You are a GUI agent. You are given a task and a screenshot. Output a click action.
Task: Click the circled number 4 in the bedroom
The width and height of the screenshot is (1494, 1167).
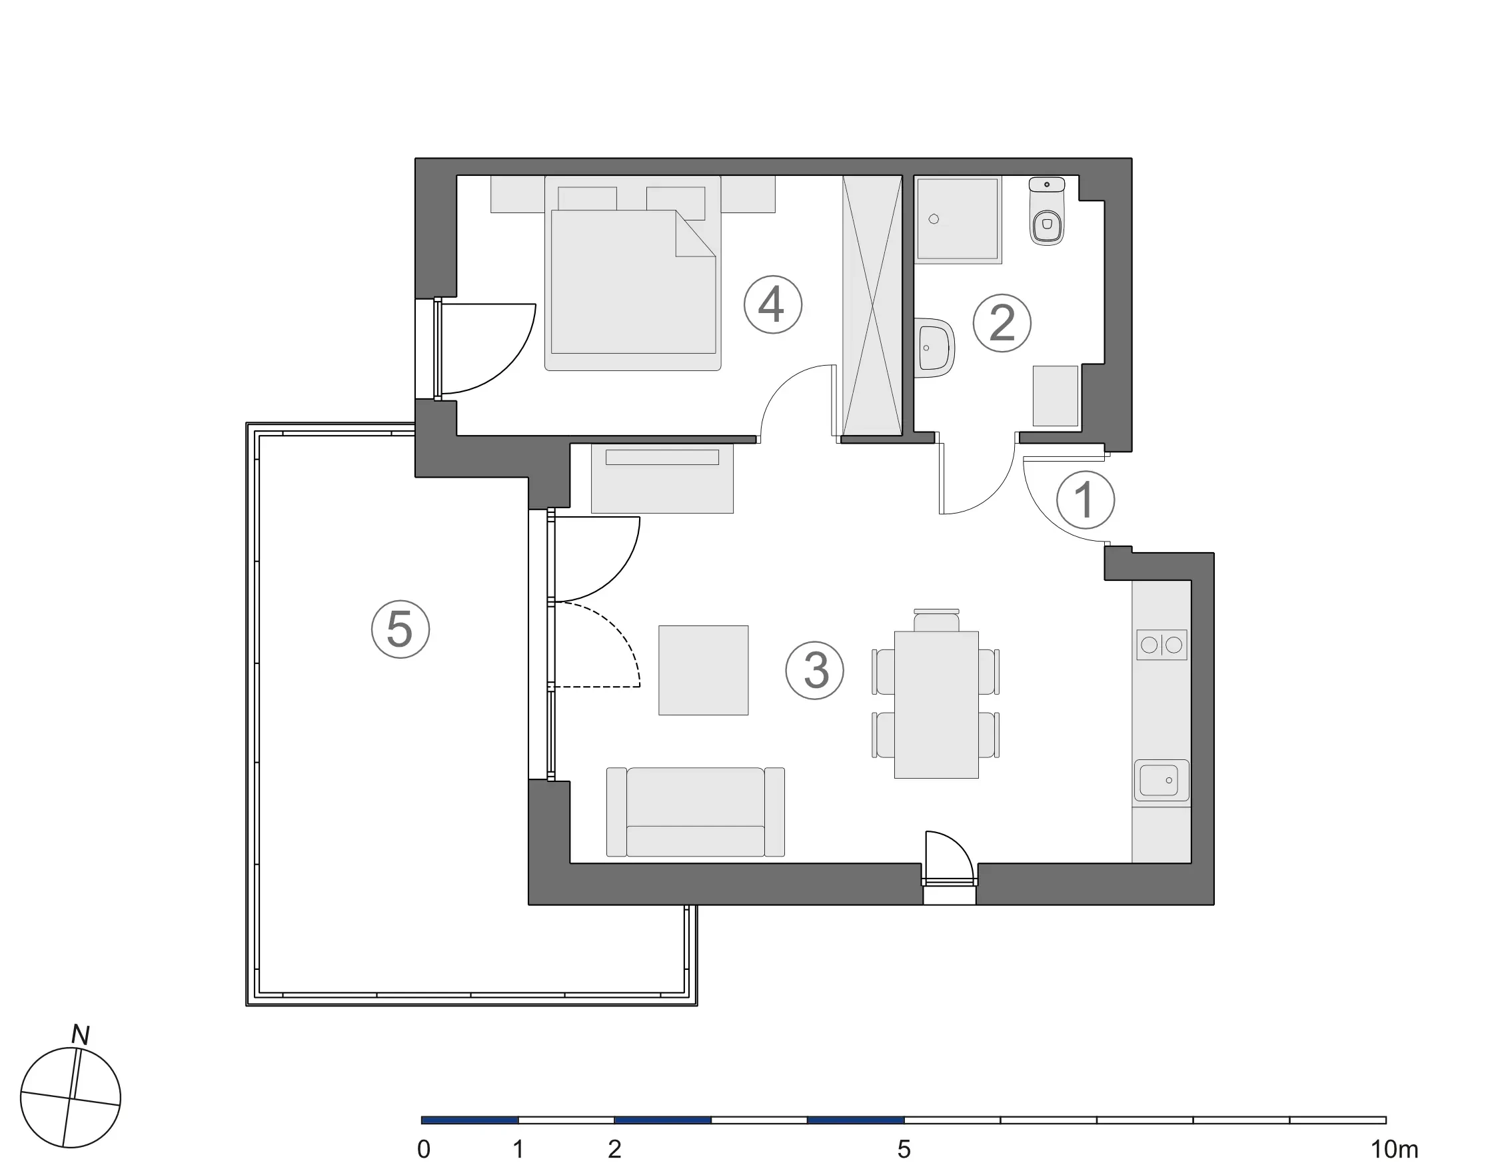tap(772, 304)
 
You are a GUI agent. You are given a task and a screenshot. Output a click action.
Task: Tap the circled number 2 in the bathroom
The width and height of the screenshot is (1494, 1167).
tap(1002, 322)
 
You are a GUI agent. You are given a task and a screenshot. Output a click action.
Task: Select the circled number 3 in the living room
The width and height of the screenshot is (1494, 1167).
tap(814, 670)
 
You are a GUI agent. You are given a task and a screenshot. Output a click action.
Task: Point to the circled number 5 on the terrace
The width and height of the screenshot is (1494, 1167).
tap(400, 629)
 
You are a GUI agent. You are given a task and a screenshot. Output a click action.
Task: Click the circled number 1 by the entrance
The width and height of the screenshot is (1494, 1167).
tap(1085, 500)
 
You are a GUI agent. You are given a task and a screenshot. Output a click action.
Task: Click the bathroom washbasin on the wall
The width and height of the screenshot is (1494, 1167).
tap(934, 347)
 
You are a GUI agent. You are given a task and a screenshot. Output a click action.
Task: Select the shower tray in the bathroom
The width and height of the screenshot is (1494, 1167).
tap(957, 219)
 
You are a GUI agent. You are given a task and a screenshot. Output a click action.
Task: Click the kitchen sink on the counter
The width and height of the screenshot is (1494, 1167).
tap(1161, 780)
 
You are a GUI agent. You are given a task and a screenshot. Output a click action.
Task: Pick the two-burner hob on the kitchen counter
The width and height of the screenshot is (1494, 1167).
tap(1161, 645)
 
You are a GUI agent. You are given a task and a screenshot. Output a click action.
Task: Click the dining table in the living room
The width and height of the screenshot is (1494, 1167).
tap(936, 704)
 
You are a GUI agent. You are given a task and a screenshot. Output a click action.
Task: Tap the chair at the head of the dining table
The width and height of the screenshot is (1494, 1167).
tap(936, 621)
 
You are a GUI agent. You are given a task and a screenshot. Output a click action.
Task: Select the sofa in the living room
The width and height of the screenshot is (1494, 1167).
tap(695, 812)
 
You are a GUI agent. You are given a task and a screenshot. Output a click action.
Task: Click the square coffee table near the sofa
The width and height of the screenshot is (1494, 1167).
tap(703, 670)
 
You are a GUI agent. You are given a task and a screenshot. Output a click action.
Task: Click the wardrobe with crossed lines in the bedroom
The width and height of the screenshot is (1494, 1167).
tap(872, 305)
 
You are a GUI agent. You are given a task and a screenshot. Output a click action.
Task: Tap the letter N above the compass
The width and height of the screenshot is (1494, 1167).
tap(81, 1035)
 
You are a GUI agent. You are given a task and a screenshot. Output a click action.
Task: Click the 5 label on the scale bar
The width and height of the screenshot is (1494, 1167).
tap(904, 1150)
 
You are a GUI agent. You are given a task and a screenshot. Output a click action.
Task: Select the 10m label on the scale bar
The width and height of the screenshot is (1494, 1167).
tap(1394, 1150)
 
